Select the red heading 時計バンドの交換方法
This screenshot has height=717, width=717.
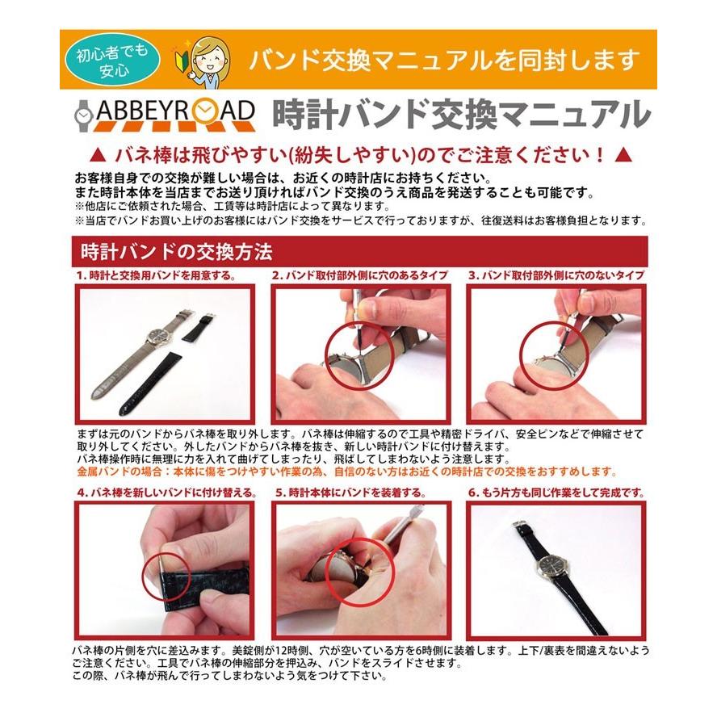(171, 253)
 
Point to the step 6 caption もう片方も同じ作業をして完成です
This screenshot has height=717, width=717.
(557, 492)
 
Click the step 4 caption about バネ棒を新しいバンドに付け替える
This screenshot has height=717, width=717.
(166, 492)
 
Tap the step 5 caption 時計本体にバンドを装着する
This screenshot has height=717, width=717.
(350, 492)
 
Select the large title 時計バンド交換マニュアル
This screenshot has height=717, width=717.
(461, 114)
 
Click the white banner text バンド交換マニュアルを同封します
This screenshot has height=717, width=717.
(443, 59)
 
